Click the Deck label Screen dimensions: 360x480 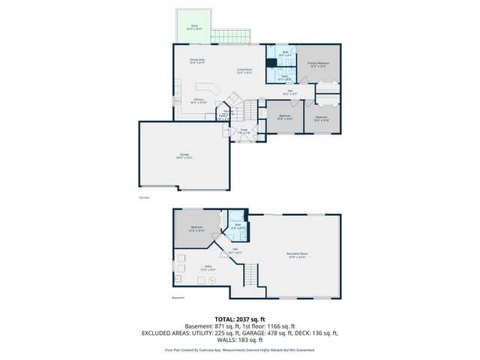194,26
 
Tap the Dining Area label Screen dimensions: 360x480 197,61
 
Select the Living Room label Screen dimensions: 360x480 244,71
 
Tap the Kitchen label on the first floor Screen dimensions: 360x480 199,100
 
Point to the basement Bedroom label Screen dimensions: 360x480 196,229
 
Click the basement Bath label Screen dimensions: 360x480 237,226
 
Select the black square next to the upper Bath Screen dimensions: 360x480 271,64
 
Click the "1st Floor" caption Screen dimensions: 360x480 145,197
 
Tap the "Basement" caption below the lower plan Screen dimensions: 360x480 178,298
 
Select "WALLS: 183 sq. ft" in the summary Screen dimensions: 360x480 240,341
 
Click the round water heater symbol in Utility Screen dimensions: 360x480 212,280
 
